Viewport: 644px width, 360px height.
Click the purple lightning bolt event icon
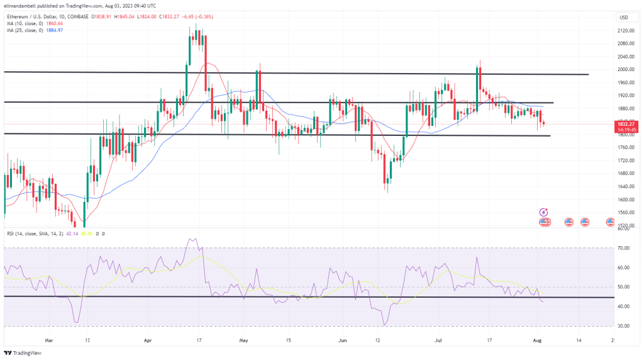pyautogui.click(x=544, y=212)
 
